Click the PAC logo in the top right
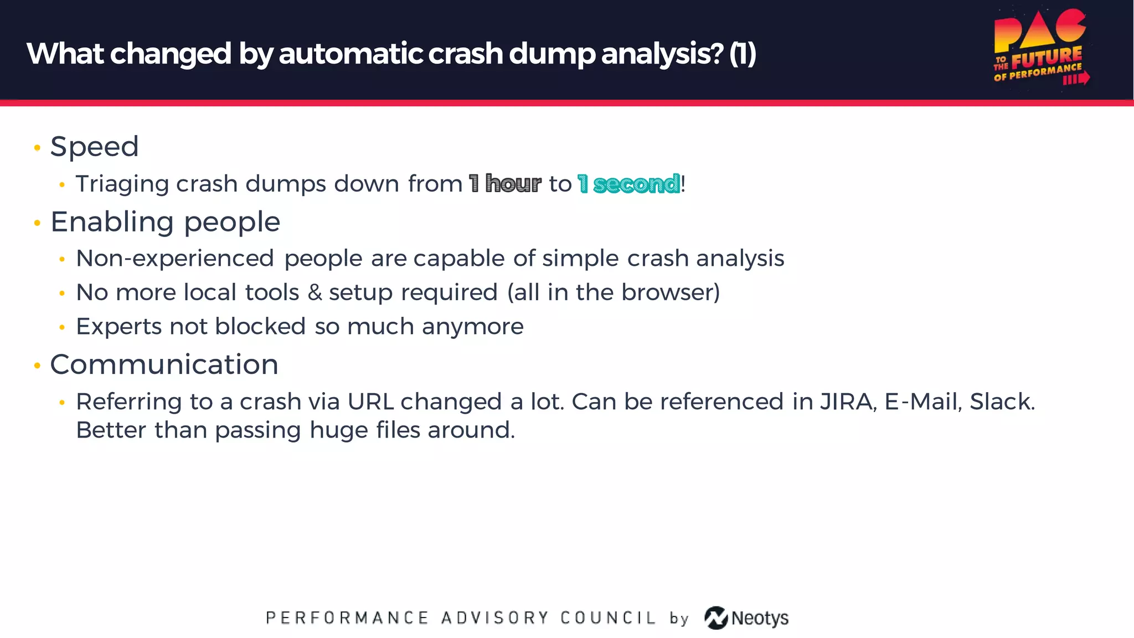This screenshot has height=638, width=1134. point(1040,49)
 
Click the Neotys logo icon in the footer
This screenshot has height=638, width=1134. point(716,618)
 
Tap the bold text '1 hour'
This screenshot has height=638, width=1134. point(504,184)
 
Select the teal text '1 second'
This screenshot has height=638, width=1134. point(628,184)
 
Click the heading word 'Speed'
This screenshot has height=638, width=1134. point(94,147)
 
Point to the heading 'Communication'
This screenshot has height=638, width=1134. point(164,364)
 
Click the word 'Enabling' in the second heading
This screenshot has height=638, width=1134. point(112,222)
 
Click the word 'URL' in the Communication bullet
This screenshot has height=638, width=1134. point(370,402)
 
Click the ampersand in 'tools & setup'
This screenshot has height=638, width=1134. point(315,292)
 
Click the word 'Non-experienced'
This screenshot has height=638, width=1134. point(175,259)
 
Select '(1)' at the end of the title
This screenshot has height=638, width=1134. point(742,54)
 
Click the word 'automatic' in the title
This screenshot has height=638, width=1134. point(351,54)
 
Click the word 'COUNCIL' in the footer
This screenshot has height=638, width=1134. point(607,618)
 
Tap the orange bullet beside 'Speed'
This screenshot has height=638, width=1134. point(37,148)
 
